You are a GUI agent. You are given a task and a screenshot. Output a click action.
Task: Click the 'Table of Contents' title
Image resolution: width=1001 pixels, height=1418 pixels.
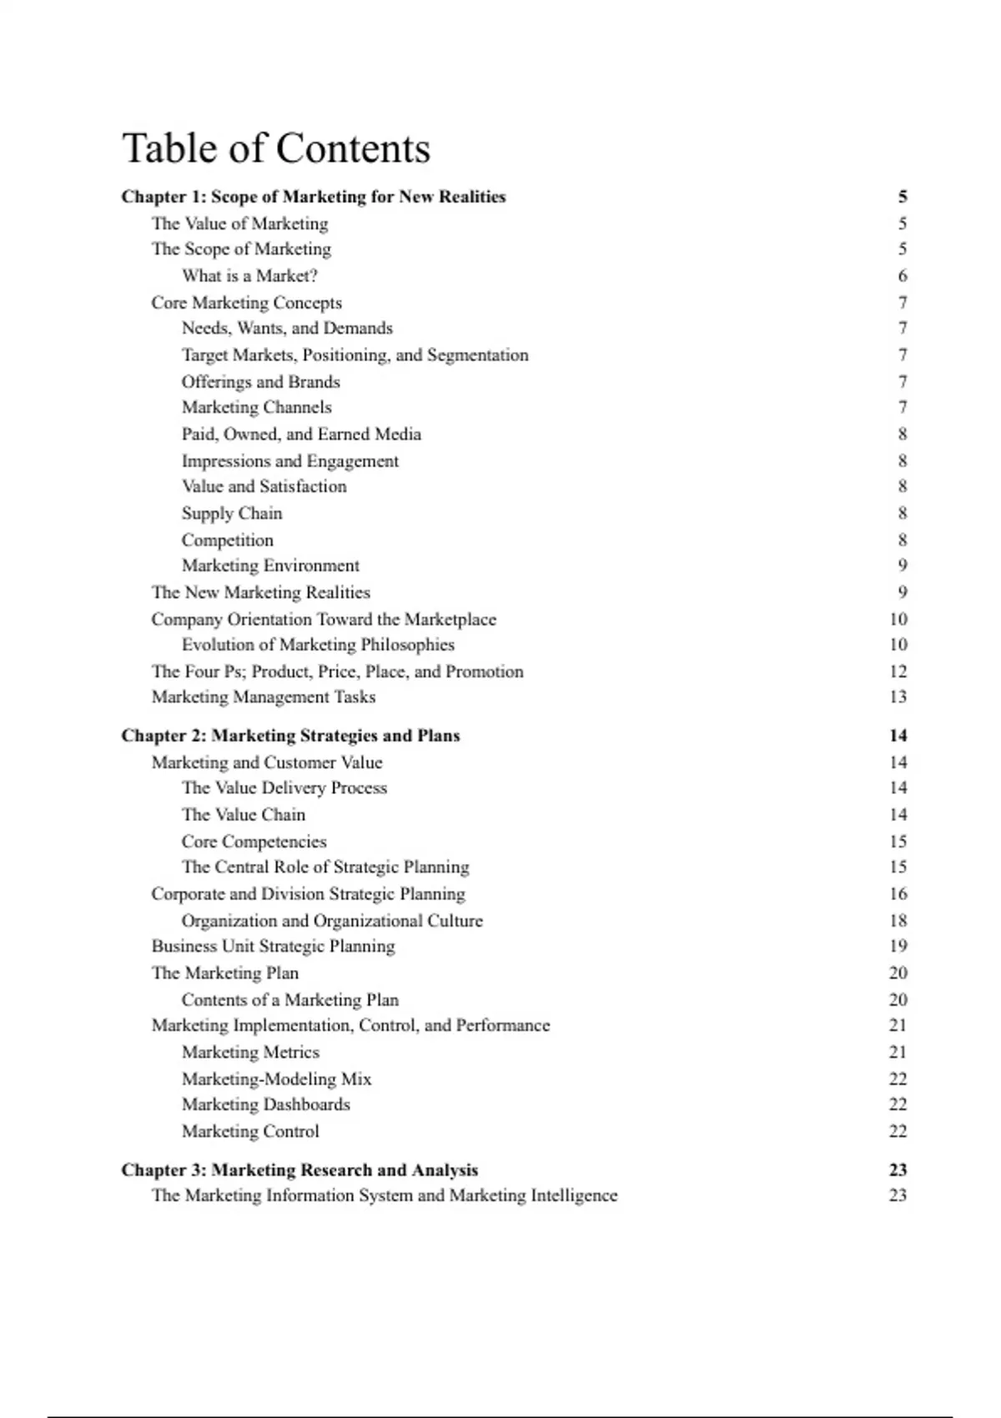(276, 148)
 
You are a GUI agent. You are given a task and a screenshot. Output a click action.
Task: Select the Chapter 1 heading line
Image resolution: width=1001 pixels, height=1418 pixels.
(314, 197)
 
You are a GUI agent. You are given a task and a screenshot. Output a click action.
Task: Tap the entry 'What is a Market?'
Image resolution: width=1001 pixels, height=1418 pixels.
(249, 275)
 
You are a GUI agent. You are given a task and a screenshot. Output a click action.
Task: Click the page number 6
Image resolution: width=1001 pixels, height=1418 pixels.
(903, 275)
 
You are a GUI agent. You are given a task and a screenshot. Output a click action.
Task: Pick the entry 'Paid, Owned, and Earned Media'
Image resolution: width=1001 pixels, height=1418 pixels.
(301, 434)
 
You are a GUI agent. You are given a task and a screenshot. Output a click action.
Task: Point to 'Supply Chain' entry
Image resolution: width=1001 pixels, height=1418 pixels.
(232, 513)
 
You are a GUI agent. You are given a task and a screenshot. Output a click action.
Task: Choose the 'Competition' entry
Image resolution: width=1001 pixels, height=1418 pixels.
(228, 540)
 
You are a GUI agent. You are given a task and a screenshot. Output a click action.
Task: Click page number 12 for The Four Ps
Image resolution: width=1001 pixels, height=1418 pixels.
(898, 671)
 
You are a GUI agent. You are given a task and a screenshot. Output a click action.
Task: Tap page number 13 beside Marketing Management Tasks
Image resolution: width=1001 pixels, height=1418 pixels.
(898, 696)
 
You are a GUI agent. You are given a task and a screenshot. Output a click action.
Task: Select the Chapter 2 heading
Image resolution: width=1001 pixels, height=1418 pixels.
(290, 736)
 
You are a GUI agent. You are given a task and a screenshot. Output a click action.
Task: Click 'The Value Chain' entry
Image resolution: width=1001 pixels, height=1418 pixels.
(244, 814)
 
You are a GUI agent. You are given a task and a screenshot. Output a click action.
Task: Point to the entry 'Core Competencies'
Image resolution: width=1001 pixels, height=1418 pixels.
(254, 842)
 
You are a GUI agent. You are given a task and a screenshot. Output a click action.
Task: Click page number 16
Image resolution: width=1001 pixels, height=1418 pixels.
(898, 893)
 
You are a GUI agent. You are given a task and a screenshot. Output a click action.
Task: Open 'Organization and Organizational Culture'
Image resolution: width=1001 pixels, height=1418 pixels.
(332, 921)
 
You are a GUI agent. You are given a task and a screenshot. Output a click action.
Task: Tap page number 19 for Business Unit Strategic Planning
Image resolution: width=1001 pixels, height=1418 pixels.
(898, 946)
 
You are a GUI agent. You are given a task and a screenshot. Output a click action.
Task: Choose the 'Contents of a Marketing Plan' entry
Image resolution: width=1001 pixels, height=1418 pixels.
(290, 999)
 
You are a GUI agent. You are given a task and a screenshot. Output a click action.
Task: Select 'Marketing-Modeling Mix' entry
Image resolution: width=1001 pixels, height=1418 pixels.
(277, 1079)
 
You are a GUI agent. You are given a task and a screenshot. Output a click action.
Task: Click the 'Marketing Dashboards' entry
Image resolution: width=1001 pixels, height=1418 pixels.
(266, 1104)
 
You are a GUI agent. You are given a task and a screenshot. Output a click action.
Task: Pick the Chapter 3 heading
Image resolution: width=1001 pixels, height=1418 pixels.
(299, 1169)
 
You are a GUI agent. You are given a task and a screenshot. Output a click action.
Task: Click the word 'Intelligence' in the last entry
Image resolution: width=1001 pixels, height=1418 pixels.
(575, 1195)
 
